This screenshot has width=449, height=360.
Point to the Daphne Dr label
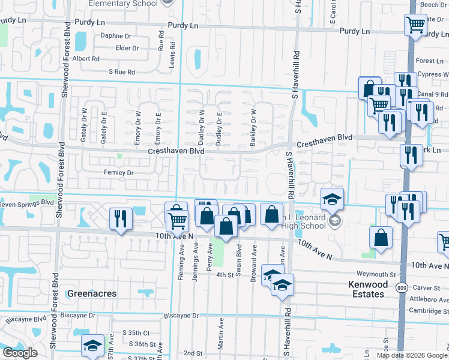coord(115,36)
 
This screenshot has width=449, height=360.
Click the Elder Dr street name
coord(127,48)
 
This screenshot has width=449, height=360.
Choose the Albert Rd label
coord(86,59)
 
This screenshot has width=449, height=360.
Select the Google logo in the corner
coord(20,353)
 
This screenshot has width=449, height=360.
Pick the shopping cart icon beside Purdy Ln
coord(415,25)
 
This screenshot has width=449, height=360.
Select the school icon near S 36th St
coord(92,345)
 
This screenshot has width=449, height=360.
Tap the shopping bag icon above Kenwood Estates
coord(381,238)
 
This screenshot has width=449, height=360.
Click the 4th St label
coord(224,274)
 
